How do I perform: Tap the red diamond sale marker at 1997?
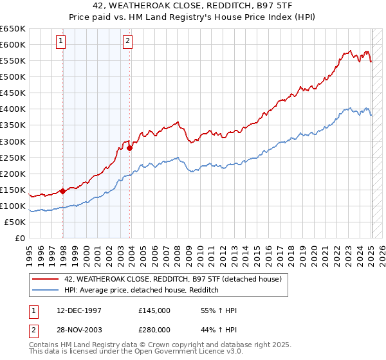tap(62, 191)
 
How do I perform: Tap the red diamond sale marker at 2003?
tap(130, 148)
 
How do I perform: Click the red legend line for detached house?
tap(46, 279)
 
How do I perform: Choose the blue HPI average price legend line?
tap(46, 291)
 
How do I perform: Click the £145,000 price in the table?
tap(154, 310)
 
